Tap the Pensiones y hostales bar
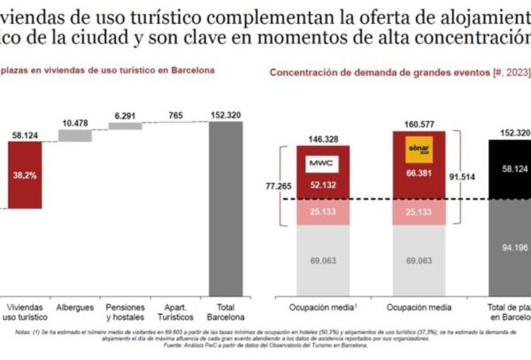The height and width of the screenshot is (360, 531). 124,126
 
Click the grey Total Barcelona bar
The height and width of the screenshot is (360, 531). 225,208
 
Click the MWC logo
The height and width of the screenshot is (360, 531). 318,165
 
